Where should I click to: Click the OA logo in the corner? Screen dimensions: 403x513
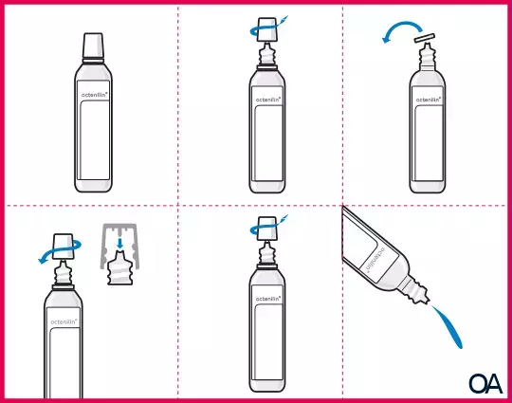[485, 383]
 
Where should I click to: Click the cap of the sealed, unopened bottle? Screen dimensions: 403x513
[92, 46]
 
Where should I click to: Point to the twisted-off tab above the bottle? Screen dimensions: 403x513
[425, 39]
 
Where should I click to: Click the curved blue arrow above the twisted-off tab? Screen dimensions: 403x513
[394, 33]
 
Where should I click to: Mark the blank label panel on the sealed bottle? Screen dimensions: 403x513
[92, 142]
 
